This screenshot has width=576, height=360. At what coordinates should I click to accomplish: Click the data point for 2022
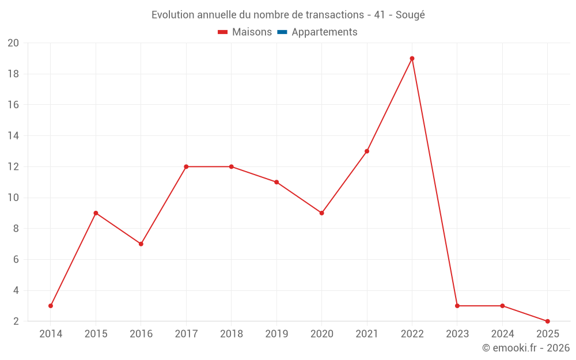[412, 58]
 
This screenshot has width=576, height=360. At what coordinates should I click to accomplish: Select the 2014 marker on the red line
[51, 306]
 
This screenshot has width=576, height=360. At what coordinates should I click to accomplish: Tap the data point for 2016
[141, 244]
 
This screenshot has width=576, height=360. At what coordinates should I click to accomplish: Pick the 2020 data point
[321, 213]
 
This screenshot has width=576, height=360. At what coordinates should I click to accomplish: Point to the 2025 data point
[547, 321]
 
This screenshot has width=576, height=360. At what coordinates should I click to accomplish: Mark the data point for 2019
[276, 182]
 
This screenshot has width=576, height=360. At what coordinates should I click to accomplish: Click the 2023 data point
[457, 306]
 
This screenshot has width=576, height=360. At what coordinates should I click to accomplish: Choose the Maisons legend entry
[245, 32]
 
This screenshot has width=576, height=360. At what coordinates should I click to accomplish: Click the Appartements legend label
[324, 32]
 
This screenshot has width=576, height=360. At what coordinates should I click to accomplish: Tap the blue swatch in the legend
[282, 32]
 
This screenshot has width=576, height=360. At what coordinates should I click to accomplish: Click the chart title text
[288, 15]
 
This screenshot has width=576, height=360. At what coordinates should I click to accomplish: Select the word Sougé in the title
[410, 15]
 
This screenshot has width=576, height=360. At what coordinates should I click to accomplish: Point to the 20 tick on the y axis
[13, 43]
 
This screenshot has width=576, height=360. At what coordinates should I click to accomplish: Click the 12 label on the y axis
[13, 167]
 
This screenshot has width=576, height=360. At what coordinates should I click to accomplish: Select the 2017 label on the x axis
[186, 334]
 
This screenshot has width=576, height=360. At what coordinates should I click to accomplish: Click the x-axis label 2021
[367, 334]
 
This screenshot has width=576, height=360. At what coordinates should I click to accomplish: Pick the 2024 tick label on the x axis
[502, 334]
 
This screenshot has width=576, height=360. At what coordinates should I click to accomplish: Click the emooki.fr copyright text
[525, 348]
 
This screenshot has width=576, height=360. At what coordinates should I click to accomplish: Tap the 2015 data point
[96, 213]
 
